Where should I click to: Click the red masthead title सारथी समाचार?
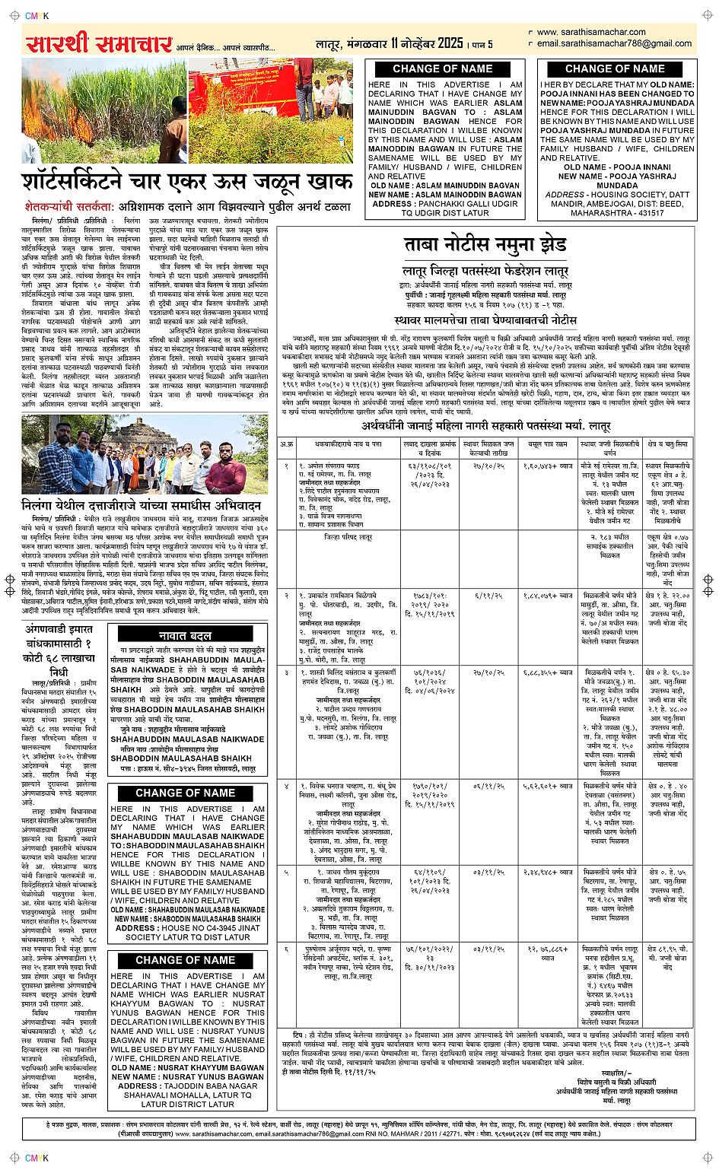pyautogui.click(x=99, y=45)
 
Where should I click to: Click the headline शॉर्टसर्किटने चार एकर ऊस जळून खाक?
pyautogui.click(x=186, y=183)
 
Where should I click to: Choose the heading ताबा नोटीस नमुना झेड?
pyautogui.click(x=485, y=244)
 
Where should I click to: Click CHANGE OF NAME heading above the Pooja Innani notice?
pyautogui.click(x=615, y=68)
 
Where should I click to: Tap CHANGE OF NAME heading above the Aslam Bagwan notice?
pyautogui.click(x=443, y=68)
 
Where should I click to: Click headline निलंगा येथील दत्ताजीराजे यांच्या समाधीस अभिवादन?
pyautogui.click(x=142, y=505)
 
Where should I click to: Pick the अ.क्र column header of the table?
pyautogui.click(x=286, y=444)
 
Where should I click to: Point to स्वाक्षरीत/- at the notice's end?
pyautogui.click(x=616, y=1072)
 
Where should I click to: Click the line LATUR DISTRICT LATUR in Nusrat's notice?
pyautogui.click(x=187, y=1104)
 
